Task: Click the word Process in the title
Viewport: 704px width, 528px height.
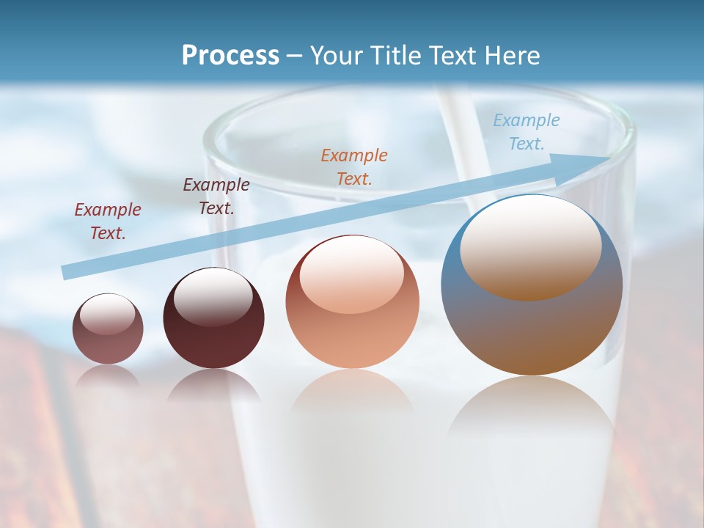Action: point(230,56)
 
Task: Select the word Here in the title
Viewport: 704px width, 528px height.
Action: point(511,56)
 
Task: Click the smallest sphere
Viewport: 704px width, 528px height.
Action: point(108,329)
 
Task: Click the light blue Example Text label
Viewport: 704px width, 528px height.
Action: point(527,132)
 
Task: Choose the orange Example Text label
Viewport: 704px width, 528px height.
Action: point(354,166)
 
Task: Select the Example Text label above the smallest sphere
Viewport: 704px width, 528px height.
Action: point(108,221)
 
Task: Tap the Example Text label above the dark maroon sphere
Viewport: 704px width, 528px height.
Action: point(216,196)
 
